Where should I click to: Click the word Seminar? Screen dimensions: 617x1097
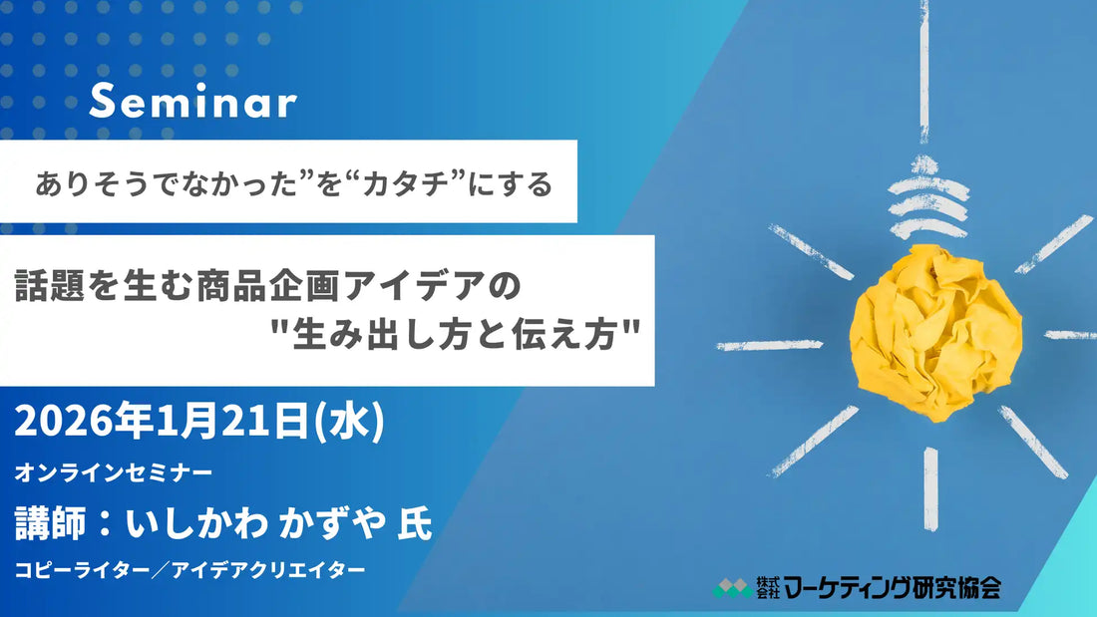tap(192, 103)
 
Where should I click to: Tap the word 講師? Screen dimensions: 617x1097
tap(49, 522)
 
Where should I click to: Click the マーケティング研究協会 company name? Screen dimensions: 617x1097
tap(892, 588)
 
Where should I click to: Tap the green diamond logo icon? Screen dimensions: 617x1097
tap(732, 588)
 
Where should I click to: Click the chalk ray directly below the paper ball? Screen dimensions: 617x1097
tap(930, 486)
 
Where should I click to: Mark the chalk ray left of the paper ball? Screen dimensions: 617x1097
tap(769, 345)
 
